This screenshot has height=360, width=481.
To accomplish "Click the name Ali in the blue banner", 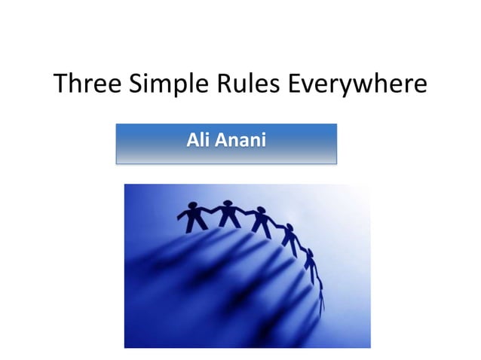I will pyautogui.click(x=198, y=141).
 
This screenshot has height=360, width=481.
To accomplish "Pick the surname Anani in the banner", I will pyautogui.click(x=240, y=141).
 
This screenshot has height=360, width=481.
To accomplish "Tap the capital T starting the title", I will pyautogui.click(x=61, y=84).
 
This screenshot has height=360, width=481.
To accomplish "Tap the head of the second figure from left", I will pyautogui.click(x=227, y=203).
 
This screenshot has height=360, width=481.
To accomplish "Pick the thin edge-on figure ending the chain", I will pyautogui.click(x=322, y=297).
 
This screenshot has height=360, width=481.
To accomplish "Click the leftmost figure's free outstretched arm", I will pyautogui.click(x=182, y=215).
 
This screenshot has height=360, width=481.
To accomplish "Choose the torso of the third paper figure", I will pyautogui.click(x=260, y=222).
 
